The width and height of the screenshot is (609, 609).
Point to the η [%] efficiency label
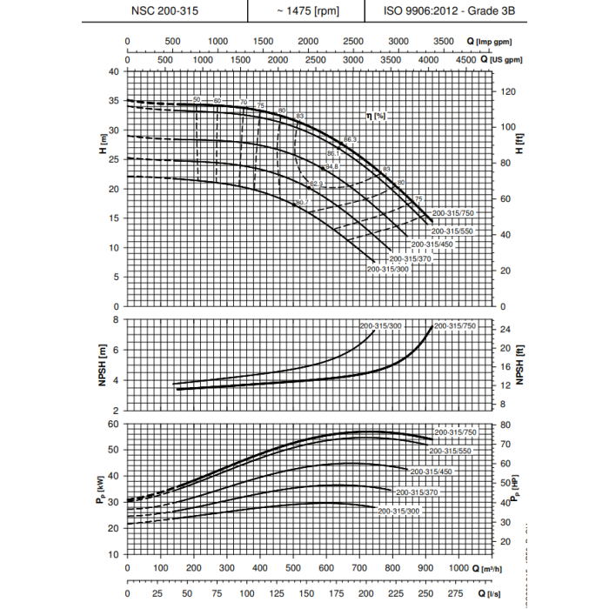point(375,116)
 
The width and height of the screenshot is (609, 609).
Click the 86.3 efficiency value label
point(351,140)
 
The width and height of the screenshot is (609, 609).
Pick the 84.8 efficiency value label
point(331,167)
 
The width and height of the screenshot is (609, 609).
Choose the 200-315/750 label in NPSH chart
point(455,325)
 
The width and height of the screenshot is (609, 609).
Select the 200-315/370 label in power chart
point(417,492)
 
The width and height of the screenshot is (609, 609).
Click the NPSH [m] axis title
point(105,365)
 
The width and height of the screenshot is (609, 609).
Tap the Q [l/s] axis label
point(491,592)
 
